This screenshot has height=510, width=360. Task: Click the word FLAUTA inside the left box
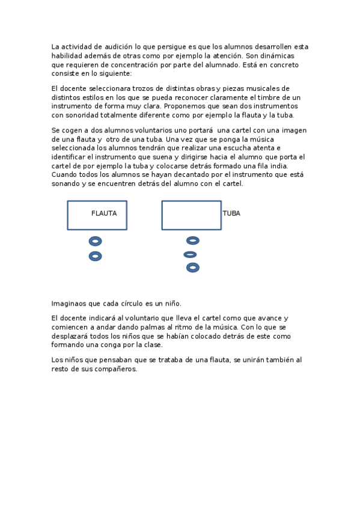(104, 214)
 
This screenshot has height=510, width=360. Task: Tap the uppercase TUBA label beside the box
(231, 214)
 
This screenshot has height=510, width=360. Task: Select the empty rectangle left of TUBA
(191, 215)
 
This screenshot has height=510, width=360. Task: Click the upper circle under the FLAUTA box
(95, 241)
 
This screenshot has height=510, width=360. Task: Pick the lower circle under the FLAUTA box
(95, 256)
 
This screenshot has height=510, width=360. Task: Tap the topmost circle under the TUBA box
(193, 241)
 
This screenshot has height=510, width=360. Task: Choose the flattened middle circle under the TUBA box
(191, 254)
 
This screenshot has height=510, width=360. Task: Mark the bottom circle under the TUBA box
(193, 268)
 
